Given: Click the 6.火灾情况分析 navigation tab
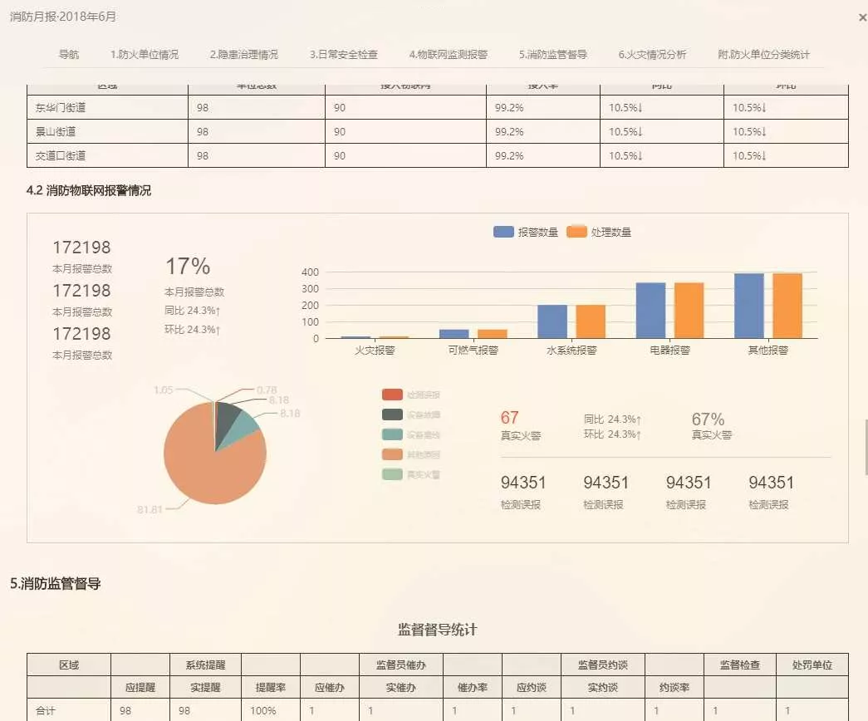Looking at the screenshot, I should (x=652, y=55).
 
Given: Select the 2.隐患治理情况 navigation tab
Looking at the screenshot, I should (x=243, y=55).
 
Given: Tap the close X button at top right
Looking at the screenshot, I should (x=862, y=17).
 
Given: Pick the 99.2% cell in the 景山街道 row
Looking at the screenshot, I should (x=509, y=131).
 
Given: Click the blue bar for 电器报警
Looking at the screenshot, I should (x=650, y=310).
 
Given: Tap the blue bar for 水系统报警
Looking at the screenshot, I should (x=552, y=321).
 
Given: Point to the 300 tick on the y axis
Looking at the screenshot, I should (x=311, y=288).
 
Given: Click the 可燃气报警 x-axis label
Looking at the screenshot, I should (x=473, y=351).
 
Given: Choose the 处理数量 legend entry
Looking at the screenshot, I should (x=599, y=233).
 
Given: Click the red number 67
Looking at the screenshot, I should (x=509, y=418).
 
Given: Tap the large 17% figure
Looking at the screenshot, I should (x=188, y=267).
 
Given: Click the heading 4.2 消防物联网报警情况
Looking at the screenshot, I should (x=89, y=191).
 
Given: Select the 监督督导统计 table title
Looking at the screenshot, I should (x=438, y=630).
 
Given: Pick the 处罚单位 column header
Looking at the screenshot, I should (x=812, y=665).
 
